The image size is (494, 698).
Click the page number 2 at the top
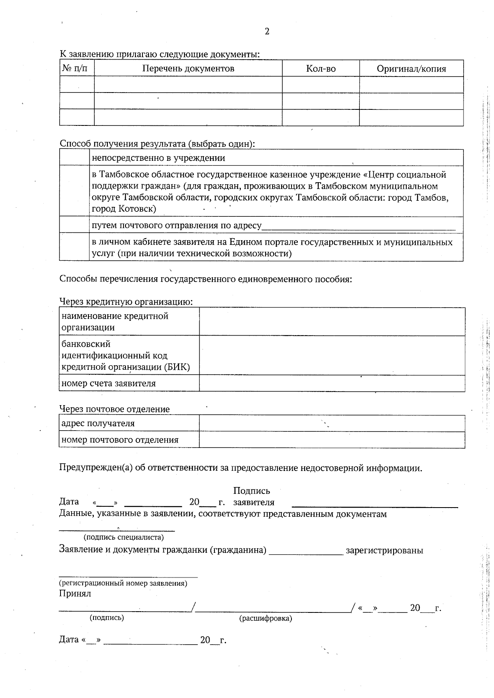(267, 32)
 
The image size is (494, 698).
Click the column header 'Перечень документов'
(188, 69)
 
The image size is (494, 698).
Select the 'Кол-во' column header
(321, 69)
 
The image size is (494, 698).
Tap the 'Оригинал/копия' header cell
(411, 69)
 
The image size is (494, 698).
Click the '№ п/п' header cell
(77, 68)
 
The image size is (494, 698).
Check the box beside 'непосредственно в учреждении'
(75, 158)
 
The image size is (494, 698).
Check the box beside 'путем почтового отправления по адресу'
(75, 225)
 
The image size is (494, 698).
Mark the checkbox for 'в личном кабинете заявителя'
(75, 247)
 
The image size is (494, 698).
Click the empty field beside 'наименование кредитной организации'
(332, 322)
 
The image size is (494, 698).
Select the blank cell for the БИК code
(332, 355)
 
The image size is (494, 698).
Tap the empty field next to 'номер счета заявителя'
(332, 383)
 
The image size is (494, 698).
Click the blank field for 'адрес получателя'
(332, 423)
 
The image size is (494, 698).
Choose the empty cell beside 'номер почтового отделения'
(332, 440)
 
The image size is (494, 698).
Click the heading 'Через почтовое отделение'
(114, 409)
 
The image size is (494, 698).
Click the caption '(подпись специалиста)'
(123, 537)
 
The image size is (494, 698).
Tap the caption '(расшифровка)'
(266, 618)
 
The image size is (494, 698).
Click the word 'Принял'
(75, 594)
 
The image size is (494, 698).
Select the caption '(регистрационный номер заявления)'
(123, 583)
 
